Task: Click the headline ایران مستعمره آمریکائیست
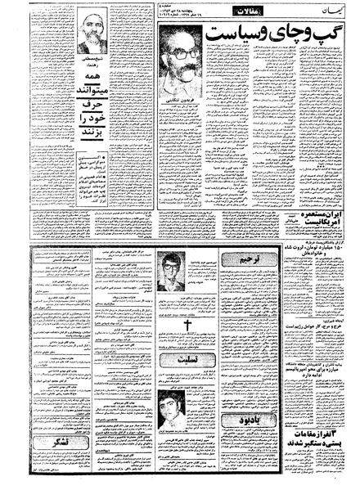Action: [x=313, y=223]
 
